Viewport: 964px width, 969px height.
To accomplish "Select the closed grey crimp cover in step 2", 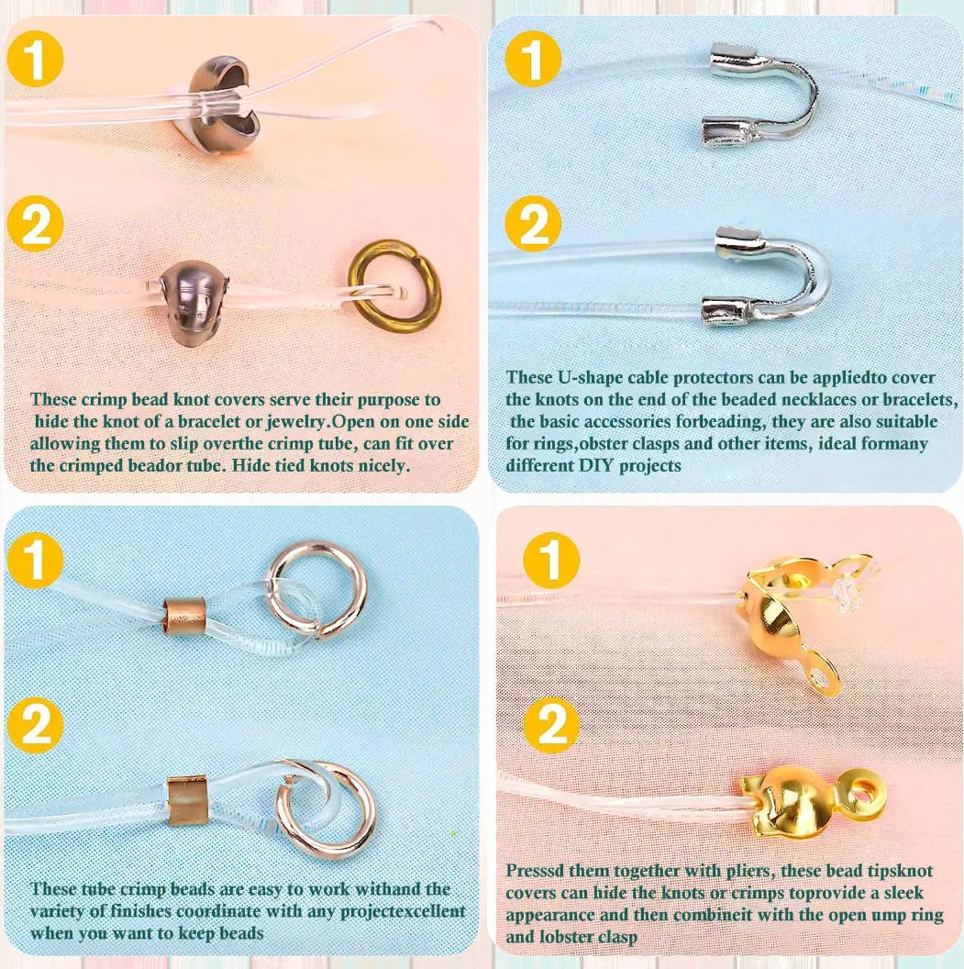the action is click(194, 302).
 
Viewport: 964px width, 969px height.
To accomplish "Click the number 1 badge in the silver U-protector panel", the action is click(533, 59).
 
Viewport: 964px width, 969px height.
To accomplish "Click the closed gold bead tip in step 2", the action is click(803, 797).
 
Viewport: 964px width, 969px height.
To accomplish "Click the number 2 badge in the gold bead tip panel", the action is click(551, 724).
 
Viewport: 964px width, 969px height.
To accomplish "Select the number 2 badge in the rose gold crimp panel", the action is click(35, 724).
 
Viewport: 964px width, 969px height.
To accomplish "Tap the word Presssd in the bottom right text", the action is click(535, 871).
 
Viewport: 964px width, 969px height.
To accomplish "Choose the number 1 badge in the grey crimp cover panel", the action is click(35, 59).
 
